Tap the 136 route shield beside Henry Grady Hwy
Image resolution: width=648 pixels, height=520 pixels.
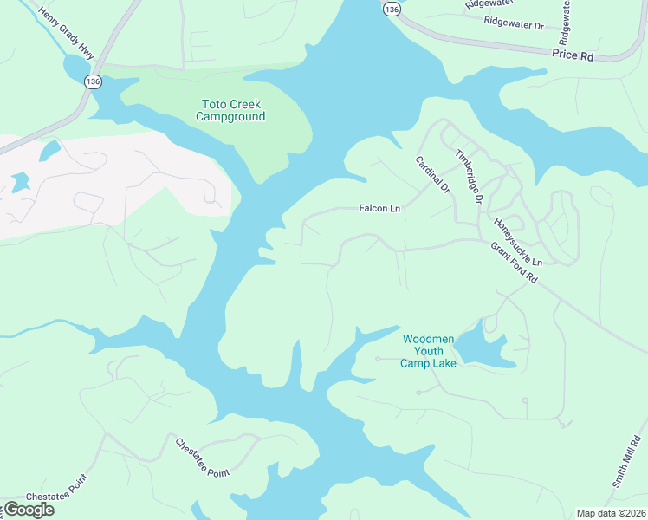coord(93,81)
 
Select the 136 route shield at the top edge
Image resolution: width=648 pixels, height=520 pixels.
coord(392,8)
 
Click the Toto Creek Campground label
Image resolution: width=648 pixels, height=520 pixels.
coord(230,110)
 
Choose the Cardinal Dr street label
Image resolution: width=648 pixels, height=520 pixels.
coord(433,174)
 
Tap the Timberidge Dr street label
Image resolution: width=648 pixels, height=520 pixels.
coord(469,176)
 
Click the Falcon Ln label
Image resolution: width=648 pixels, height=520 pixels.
coord(380,209)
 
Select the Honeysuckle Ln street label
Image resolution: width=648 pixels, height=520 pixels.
coord(517,242)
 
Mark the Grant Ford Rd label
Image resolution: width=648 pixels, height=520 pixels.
coord(515,262)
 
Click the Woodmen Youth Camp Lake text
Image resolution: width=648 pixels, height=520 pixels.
coord(428,350)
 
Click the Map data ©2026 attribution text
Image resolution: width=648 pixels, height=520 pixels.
coord(610,513)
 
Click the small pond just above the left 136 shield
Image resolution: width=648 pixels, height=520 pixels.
coord(75,65)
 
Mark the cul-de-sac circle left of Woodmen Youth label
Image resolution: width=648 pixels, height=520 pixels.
coord(378,359)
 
